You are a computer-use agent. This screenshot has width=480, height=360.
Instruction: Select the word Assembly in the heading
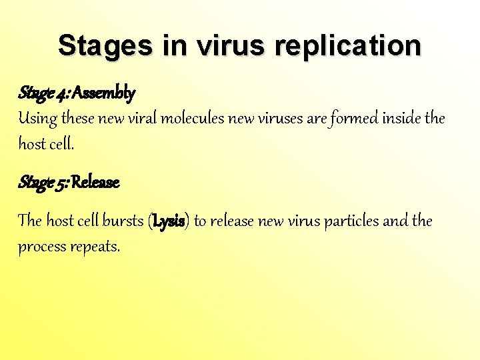point(103,92)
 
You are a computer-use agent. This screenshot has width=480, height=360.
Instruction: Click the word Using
point(37,119)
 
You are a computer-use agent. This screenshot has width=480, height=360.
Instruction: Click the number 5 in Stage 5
point(61,183)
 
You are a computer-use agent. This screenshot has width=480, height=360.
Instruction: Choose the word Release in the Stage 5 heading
point(95,182)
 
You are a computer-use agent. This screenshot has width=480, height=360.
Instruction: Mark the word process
point(41,247)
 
